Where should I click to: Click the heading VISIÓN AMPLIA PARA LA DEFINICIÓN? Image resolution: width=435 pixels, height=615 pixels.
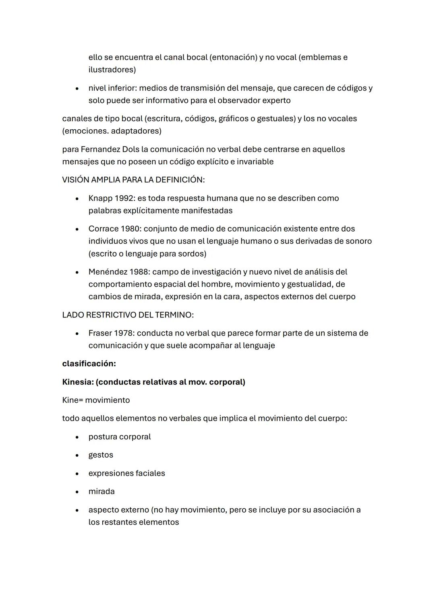pos(133,180)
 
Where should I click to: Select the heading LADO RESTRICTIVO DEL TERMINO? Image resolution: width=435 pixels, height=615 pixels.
pos(128,315)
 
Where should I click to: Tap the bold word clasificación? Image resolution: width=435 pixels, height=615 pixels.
pos(89,364)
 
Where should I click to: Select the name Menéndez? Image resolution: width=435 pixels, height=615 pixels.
pos(108,272)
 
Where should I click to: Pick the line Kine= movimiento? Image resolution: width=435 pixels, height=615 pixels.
pos(96,400)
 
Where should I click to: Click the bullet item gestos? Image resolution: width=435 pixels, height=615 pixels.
pos(101,455)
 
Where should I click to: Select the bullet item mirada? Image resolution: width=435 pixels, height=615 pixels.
pos(101,491)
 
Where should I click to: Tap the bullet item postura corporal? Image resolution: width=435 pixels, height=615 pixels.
pos(120,437)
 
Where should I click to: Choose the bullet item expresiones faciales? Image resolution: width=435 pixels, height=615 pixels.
pos(126,473)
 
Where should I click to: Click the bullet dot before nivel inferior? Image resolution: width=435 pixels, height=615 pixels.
pos(77,88)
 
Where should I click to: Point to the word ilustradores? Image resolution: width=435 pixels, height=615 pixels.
pos(111,70)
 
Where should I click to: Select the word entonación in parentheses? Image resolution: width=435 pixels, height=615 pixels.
pos(233,57)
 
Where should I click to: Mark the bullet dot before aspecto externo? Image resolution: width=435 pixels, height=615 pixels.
pos(77,510)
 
